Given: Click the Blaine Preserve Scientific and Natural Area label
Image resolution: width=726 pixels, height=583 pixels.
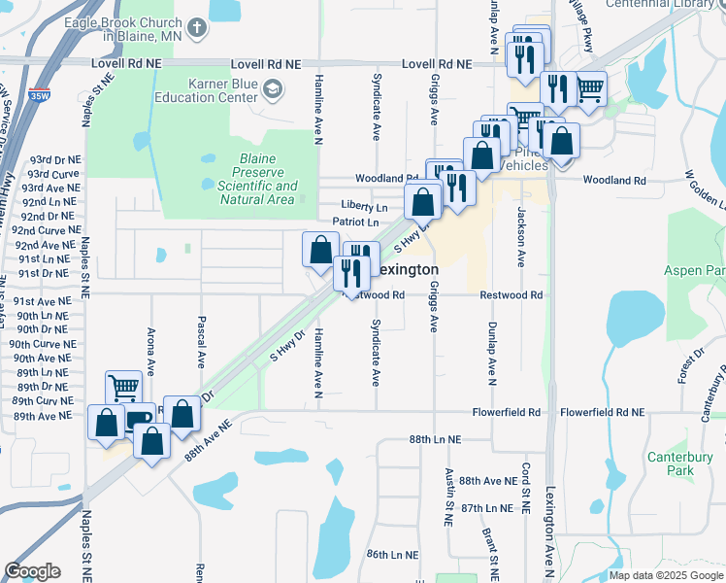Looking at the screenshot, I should pos(257,180).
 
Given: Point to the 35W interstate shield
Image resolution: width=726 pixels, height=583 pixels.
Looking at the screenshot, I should pos(39,96).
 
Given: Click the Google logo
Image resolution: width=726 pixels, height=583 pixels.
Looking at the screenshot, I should pos(32,571).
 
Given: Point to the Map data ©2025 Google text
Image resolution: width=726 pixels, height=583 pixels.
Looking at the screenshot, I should pos(665,575).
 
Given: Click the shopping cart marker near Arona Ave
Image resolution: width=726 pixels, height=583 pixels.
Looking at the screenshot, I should pos(123,388).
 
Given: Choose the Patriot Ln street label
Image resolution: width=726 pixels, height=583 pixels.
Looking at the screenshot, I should pos(354,223).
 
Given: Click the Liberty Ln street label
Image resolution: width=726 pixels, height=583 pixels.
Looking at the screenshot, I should pos(364,206).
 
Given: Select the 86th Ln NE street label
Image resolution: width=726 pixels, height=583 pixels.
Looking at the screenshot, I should pos(392,555).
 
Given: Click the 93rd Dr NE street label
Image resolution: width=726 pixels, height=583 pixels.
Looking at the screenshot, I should pos(55,158).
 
